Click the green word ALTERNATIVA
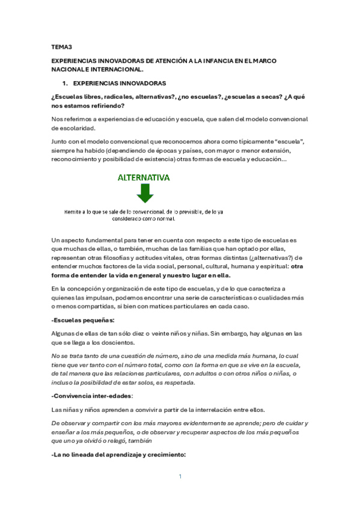click(144, 178)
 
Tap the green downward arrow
click(145, 194)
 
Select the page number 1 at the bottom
click(180, 476)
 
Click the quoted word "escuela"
click(290, 141)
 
